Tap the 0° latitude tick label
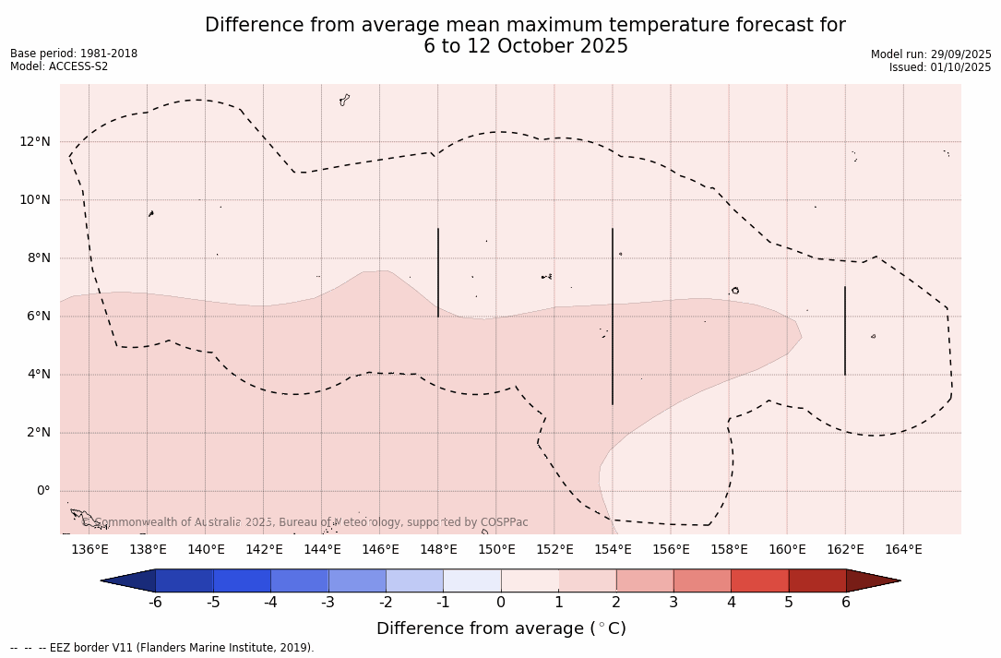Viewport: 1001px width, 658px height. click(42, 491)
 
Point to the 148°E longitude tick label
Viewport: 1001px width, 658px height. click(438, 550)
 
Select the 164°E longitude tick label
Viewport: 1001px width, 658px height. click(903, 550)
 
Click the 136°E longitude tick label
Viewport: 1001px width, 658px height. click(89, 550)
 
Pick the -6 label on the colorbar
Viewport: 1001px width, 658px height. click(156, 603)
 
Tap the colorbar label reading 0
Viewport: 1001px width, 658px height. click(501, 603)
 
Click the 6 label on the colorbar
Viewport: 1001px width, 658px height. click(846, 603)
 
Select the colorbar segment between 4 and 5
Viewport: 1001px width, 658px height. click(759, 580)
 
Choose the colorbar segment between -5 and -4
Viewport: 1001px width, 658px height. click(243, 580)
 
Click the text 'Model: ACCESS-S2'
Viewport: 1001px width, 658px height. click(59, 66)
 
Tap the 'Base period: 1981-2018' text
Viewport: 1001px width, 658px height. click(74, 54)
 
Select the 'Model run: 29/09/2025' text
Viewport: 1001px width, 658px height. click(931, 54)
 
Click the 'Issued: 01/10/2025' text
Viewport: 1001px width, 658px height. click(940, 67)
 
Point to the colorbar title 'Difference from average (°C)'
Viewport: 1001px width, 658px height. click(501, 628)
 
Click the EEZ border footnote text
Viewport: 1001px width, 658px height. click(162, 648)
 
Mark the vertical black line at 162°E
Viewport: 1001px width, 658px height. click(845, 330)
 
